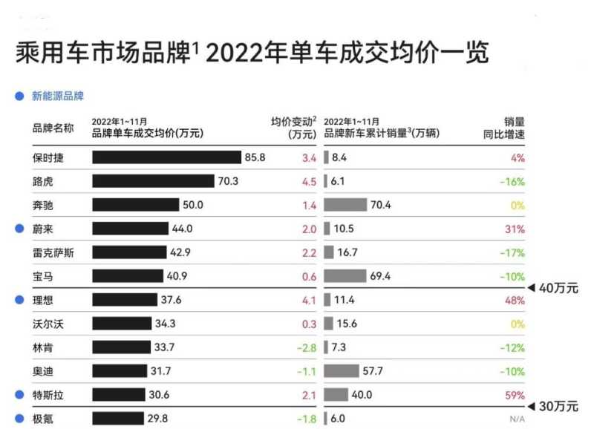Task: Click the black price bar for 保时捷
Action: point(167,157)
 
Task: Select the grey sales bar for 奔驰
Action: point(345,205)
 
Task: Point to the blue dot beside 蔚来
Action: point(19,229)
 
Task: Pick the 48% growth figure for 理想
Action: point(515,301)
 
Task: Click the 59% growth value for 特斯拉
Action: point(515,396)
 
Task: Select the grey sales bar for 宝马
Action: point(345,276)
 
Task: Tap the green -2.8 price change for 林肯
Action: point(306,348)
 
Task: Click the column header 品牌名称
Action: point(53,128)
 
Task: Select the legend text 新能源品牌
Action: point(57,96)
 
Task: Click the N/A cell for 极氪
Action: point(517,419)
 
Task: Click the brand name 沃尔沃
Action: point(48,324)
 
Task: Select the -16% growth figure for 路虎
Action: point(513,181)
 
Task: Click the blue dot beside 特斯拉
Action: point(19,396)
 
